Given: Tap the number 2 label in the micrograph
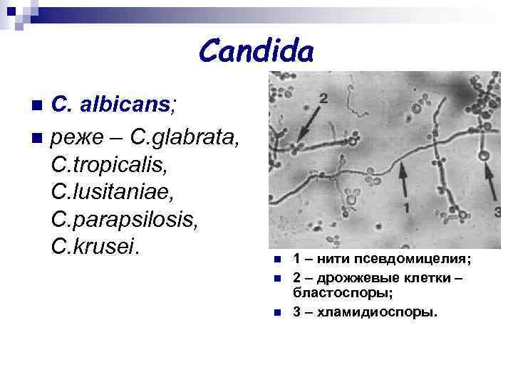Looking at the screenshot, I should pyautogui.click(x=323, y=97).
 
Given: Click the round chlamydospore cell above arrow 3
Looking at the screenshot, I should pyautogui.click(x=484, y=155).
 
